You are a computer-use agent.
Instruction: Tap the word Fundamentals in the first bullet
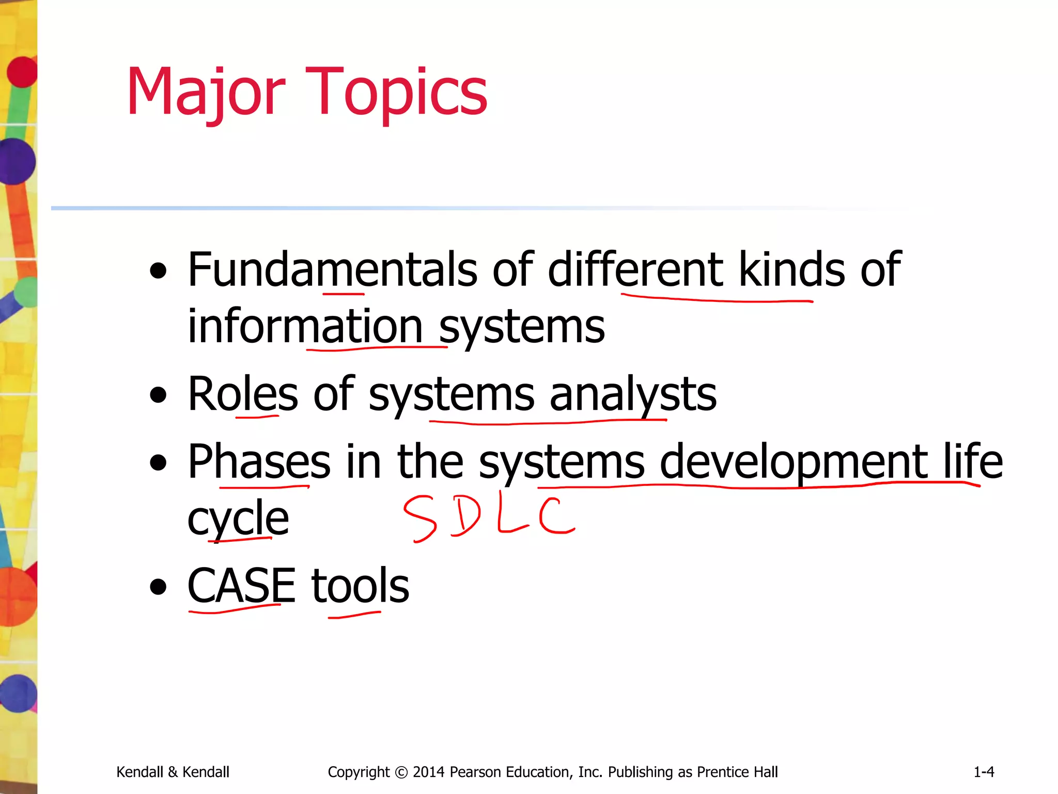pos(333,270)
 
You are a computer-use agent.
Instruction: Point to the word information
pos(305,327)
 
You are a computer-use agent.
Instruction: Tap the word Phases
pos(259,462)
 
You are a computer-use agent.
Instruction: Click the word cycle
pos(238,518)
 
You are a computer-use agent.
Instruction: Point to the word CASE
pos(241,586)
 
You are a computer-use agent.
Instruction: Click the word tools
pos(360,586)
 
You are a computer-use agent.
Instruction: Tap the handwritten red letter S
pos(420,518)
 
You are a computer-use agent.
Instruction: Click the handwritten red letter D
pos(465,516)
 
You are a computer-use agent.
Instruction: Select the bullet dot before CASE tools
pos(158,587)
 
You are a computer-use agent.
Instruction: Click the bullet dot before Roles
pos(158,395)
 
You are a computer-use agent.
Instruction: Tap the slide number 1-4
pos(984,772)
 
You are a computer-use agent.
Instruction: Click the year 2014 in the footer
pos(428,772)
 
